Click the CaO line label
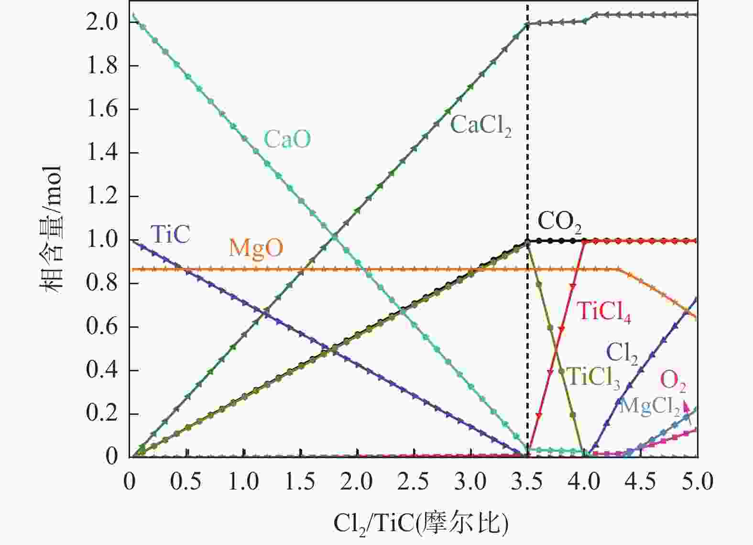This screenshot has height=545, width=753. (287, 139)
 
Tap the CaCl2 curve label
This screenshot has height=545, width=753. (480, 126)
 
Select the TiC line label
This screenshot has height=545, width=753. (170, 234)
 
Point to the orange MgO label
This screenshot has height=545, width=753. (256, 248)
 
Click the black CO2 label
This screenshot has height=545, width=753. (559, 222)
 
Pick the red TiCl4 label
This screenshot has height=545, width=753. (604, 311)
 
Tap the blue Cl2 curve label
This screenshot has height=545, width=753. (622, 353)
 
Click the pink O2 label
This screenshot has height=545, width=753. (673, 380)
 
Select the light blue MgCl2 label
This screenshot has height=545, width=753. (649, 406)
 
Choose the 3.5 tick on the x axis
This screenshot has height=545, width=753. (528, 481)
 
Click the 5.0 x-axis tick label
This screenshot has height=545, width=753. (698, 481)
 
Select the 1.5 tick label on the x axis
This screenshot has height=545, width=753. (301, 481)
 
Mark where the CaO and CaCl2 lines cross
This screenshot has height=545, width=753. (334, 236)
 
